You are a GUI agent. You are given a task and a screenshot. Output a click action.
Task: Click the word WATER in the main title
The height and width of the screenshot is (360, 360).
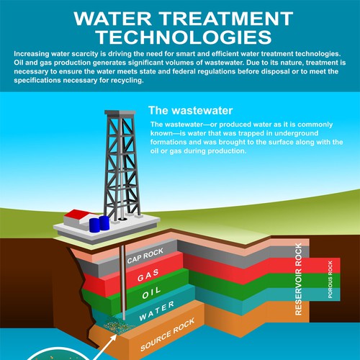[x=112, y=19]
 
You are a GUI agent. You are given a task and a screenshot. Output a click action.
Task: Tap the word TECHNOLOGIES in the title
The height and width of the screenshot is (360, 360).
[x=184, y=37]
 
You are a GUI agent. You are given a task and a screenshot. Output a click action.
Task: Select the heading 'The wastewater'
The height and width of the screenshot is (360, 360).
[x=191, y=111]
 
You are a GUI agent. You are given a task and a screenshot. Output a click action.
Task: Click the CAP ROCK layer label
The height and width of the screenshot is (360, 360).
[x=145, y=256]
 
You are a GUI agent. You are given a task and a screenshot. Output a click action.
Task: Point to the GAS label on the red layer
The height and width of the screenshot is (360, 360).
[x=148, y=275]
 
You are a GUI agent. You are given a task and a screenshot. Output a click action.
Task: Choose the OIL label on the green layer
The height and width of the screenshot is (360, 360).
[x=151, y=293]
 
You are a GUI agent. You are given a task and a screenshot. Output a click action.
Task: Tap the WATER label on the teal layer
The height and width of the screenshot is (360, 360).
[x=157, y=311]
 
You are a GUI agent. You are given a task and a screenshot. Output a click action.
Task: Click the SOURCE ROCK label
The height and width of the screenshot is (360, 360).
[x=167, y=335]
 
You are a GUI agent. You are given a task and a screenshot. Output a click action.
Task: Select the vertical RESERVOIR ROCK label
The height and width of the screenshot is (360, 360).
[x=298, y=279]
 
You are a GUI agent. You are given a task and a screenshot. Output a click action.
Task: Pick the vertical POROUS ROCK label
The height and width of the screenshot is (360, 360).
[x=330, y=279]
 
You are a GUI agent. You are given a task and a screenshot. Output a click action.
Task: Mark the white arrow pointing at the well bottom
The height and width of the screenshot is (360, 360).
[x=105, y=347]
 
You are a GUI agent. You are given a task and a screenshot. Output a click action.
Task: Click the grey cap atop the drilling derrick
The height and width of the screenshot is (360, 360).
[x=120, y=112]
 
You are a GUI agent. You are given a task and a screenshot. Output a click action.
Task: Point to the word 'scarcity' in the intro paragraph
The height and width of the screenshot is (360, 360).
[x=85, y=54]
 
